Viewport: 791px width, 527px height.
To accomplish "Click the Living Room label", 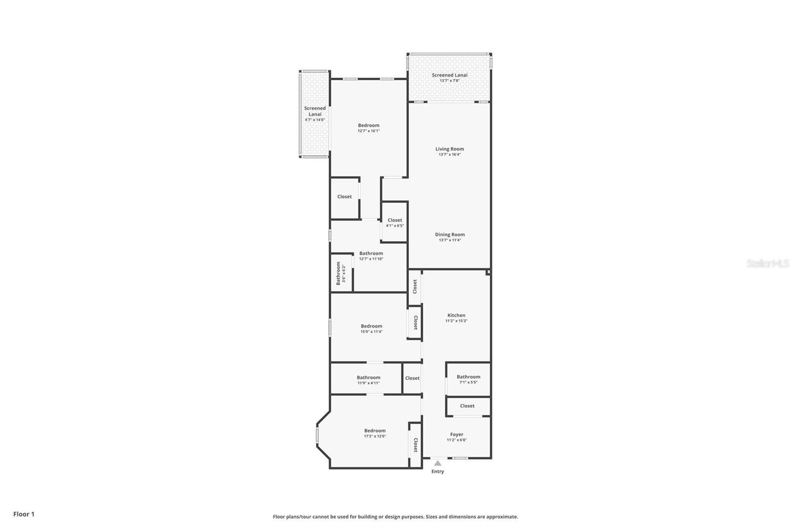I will point(449,149).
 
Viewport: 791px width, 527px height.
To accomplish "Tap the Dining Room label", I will point(449,234).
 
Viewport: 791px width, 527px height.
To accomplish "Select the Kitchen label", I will point(456,315).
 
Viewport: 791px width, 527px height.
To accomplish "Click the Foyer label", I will point(456,435).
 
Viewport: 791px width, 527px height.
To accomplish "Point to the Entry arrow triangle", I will point(438,463).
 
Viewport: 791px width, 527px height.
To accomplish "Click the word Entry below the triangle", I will point(438,472).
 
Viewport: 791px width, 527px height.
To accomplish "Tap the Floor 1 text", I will point(24,514).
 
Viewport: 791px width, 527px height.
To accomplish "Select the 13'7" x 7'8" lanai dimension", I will point(449,81).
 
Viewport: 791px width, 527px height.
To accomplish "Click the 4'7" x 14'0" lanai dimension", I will point(315,120).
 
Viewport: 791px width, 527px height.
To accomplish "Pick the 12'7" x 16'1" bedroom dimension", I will point(369,131).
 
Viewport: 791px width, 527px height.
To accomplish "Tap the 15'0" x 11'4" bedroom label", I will point(371,326).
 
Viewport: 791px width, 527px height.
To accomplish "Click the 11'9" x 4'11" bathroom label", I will point(368,378).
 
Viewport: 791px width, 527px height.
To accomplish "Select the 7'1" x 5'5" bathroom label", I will point(468,377).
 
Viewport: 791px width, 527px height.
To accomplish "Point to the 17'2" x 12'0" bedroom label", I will point(375,431).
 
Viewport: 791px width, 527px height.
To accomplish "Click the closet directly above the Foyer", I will point(467,406).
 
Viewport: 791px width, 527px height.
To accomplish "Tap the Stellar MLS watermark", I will point(768,264).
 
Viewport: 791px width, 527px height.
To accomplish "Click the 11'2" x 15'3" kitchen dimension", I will point(456,321).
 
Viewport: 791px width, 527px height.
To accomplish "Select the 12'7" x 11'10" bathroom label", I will point(371,254).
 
